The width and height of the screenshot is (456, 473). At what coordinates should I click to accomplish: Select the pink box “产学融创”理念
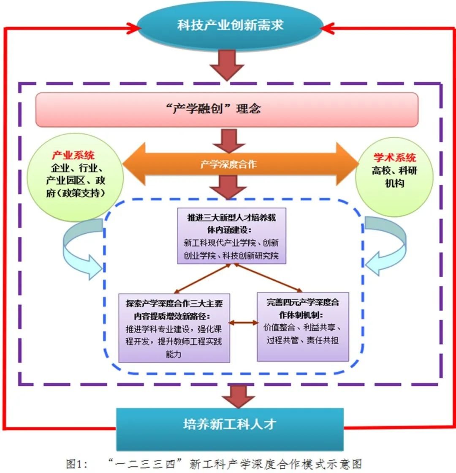coord(227,109)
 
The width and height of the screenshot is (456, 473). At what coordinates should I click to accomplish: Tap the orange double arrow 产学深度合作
coord(228,164)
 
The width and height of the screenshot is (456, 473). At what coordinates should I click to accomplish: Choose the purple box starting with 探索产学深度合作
coord(174,327)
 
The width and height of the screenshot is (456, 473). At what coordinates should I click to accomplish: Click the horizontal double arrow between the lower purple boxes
coord(243,323)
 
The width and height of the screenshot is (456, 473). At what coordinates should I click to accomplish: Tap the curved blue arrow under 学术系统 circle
coord(385,249)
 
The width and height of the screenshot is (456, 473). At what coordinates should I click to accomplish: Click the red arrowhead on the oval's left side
coord(136,28)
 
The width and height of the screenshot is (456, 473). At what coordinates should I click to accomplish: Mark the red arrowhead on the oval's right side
coord(325,28)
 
